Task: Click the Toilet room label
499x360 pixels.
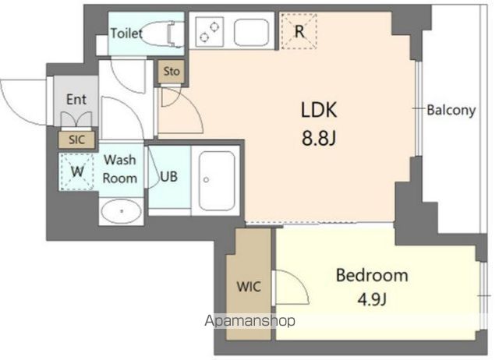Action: (x=126, y=33)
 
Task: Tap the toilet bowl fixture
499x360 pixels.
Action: (x=161, y=34)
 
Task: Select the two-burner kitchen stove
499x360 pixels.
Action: (x=210, y=32)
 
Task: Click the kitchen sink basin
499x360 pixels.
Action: (x=251, y=32)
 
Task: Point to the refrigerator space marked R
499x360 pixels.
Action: (x=299, y=31)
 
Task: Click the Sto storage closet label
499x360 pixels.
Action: (x=172, y=71)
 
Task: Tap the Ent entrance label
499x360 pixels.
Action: (x=76, y=100)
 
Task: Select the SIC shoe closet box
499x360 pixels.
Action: (x=76, y=139)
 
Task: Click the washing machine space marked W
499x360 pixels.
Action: (x=76, y=171)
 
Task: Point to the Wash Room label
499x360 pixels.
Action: (x=119, y=169)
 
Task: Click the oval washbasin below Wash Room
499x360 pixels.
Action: (x=122, y=211)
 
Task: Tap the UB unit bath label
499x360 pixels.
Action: (x=168, y=177)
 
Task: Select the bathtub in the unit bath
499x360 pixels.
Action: (x=217, y=180)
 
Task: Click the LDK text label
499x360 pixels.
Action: (x=319, y=110)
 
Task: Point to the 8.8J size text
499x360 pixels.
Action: (x=319, y=138)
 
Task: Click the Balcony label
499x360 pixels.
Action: (x=451, y=110)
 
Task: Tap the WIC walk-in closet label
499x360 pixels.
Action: (x=249, y=287)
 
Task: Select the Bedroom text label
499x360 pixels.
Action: (x=372, y=275)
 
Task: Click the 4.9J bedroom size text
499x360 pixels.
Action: (x=372, y=299)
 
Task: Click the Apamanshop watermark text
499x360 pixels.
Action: (x=249, y=321)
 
